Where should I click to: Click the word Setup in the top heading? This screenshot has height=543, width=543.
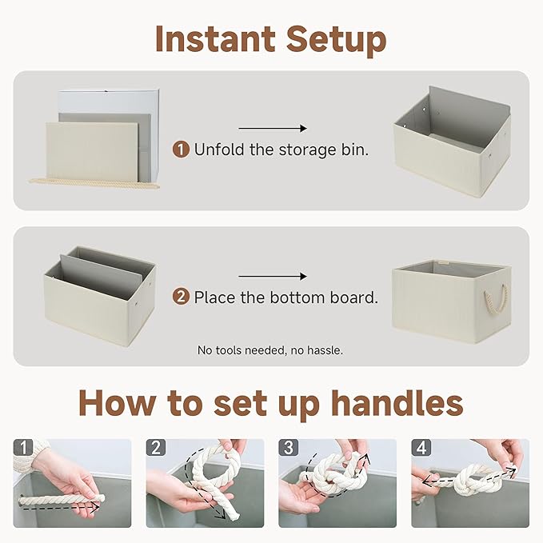tap(337, 38)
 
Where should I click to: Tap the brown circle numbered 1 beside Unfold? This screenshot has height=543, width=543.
tap(182, 149)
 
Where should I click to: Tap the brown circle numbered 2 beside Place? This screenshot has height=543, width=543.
tap(182, 297)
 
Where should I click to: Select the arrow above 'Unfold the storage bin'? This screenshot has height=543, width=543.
tap(273, 128)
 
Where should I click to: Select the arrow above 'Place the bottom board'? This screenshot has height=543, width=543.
tap(273, 277)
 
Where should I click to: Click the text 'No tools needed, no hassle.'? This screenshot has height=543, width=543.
tap(270, 350)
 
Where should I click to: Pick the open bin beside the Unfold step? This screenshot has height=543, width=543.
tap(452, 140)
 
